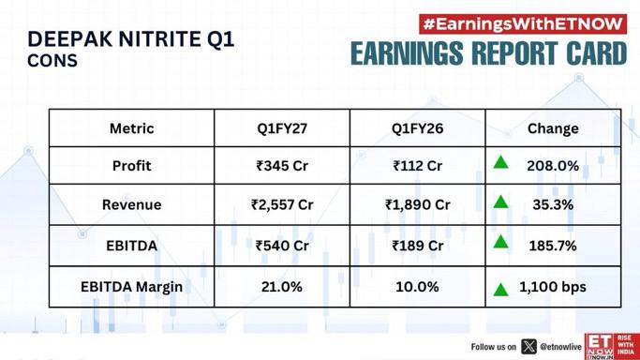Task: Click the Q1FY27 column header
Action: [x=282, y=128]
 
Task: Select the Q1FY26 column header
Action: [x=417, y=128]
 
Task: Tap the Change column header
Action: [x=553, y=128]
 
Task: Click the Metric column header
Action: [x=132, y=128]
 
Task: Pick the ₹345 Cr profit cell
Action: [x=282, y=166]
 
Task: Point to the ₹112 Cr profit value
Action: [x=417, y=166]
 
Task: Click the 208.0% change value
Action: [x=553, y=166]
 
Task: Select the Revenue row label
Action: [x=132, y=204]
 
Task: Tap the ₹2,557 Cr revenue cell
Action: [x=282, y=204]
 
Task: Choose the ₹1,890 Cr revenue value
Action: [x=417, y=204]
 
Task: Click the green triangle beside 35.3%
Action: [x=500, y=202]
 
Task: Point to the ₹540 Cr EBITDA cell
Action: [x=282, y=246]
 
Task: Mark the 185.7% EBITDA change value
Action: [x=553, y=246]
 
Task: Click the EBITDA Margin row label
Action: [x=131, y=287]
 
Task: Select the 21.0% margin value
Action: [x=282, y=287]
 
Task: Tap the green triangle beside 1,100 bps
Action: [x=500, y=290]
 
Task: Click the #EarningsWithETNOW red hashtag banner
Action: [x=523, y=24]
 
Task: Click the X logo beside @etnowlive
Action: [x=528, y=347]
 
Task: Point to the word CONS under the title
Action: [x=52, y=61]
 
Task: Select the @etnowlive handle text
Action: [x=560, y=347]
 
